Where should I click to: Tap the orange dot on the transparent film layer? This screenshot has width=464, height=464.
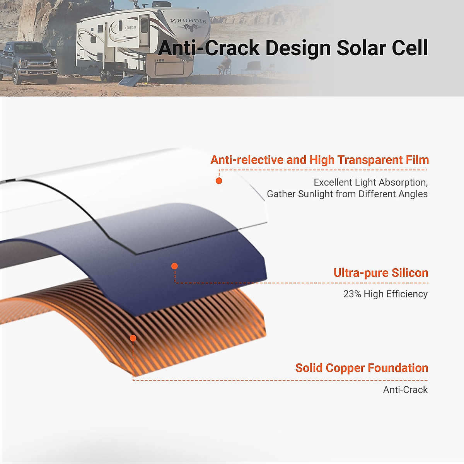click(219, 181)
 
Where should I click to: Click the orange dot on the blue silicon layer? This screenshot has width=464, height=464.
click(174, 266)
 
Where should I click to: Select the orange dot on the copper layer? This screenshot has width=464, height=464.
click(133, 338)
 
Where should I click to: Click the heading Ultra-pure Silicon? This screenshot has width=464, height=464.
click(380, 273)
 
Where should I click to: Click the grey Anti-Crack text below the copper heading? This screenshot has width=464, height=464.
click(405, 390)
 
